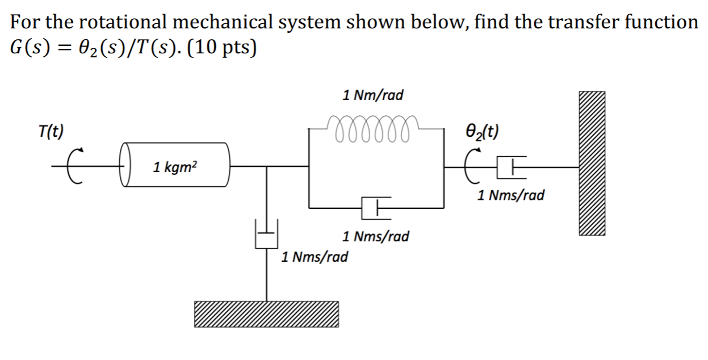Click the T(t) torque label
51,131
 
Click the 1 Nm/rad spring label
373,95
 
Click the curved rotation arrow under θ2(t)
479,167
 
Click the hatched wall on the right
592,163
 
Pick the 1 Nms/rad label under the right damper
511,196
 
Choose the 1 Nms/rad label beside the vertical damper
315,257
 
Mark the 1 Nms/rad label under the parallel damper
375,236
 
